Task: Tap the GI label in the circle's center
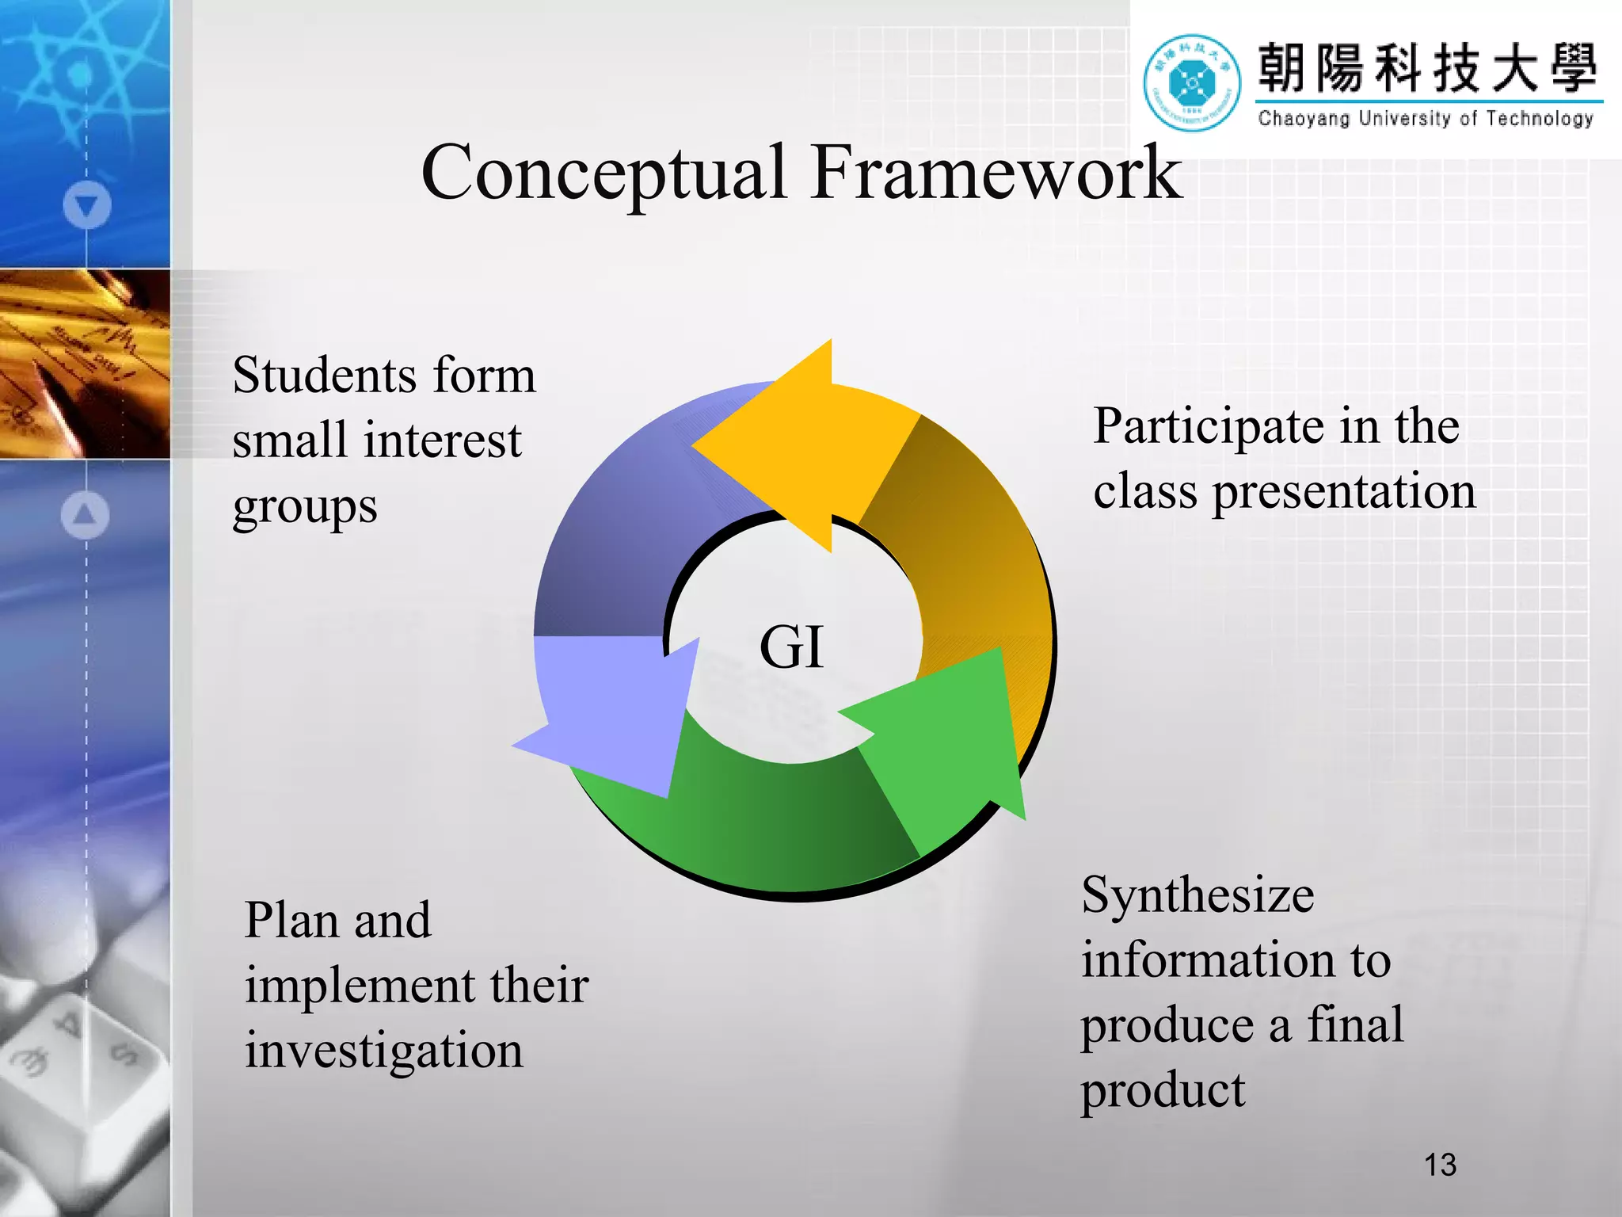coord(791,647)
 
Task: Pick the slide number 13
coord(1440,1165)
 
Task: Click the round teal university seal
coord(1192,82)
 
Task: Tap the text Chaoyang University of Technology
coord(1426,119)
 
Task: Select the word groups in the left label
coord(305,508)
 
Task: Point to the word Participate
coord(1208,427)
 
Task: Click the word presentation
coord(1344,492)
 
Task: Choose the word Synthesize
coord(1197,896)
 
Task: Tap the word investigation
coord(384,1051)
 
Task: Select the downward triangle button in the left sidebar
coord(86,205)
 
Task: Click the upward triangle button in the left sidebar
coord(86,515)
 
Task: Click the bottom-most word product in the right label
coord(1163,1091)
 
